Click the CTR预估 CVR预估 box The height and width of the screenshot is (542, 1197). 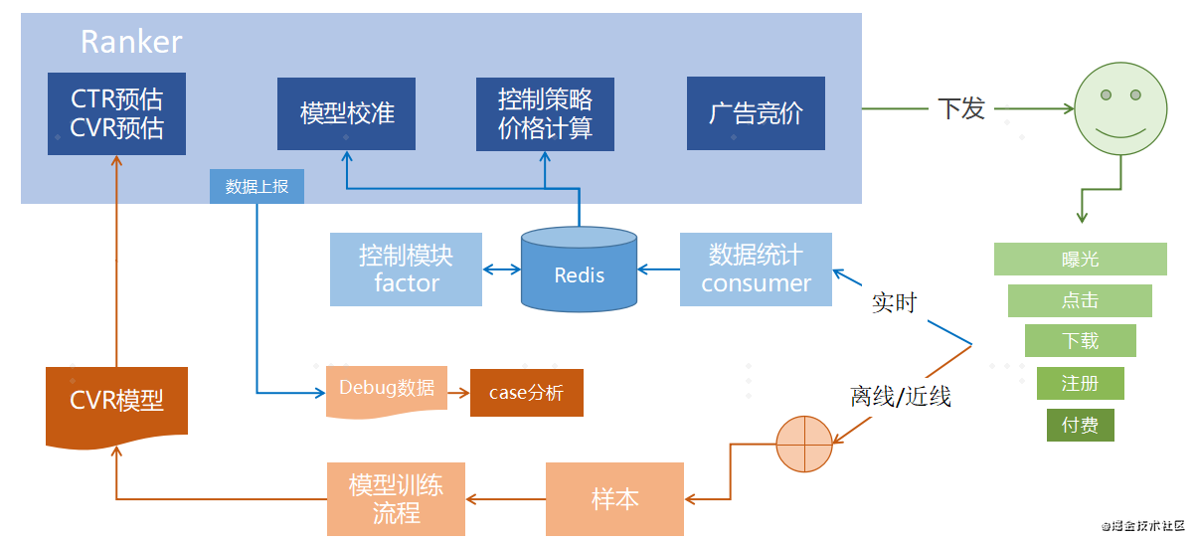click(116, 113)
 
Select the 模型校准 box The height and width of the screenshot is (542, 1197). click(346, 113)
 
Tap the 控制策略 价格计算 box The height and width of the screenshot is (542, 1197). click(545, 113)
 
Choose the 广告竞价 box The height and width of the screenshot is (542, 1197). click(756, 113)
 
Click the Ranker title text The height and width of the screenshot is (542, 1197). click(130, 42)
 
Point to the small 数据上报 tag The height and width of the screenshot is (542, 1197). click(256, 186)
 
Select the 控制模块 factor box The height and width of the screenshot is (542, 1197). click(406, 269)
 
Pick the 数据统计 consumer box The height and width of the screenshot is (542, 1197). click(756, 269)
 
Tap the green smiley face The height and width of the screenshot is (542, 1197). click(1119, 108)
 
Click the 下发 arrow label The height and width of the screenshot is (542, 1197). click(961, 108)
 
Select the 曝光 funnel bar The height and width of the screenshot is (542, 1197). click(1080, 260)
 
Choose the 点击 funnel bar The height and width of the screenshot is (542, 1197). click(1080, 300)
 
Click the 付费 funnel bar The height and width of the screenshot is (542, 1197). click(1080, 426)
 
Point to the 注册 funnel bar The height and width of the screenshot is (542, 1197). click(1080, 383)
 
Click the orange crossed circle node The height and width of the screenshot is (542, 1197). click(803, 443)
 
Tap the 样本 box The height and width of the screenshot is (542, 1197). click(614, 498)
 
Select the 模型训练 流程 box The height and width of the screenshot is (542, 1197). click(397, 498)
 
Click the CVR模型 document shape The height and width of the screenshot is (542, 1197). click(116, 404)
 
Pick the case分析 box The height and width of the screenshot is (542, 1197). click(526, 393)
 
